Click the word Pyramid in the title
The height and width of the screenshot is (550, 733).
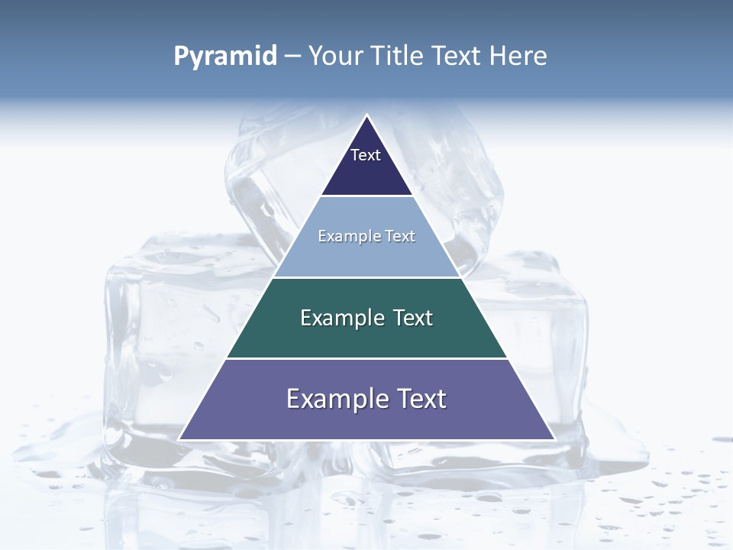(225, 57)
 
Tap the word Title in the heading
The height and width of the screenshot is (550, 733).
(400, 57)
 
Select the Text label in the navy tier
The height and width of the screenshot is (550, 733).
(366, 155)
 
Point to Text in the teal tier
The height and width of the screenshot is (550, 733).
(413, 318)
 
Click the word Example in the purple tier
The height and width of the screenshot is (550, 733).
(336, 399)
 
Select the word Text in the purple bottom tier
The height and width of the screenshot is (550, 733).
(421, 399)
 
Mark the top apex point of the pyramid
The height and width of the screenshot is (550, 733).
(366, 115)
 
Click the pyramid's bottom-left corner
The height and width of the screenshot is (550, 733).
(179, 439)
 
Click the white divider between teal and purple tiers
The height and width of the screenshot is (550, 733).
(366, 358)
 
